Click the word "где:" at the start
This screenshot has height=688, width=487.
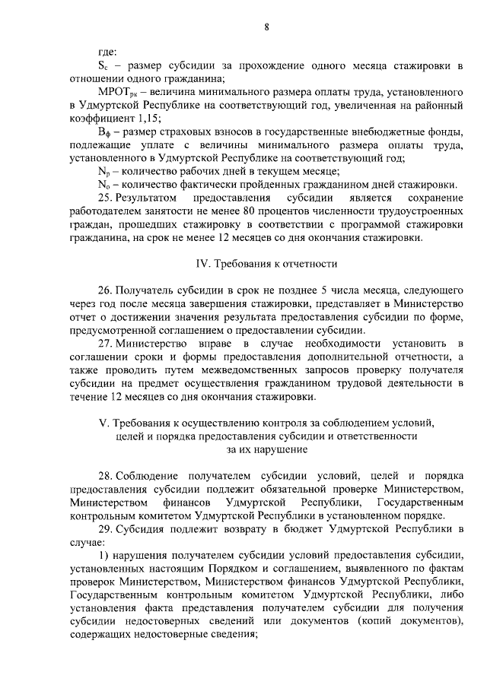pos(107,52)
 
